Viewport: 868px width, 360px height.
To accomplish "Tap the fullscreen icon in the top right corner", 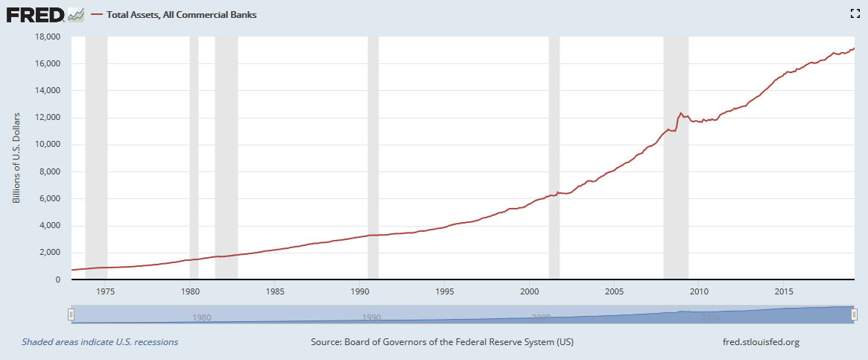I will click(x=855, y=13).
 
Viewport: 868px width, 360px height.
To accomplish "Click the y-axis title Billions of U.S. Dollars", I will click(x=16, y=158).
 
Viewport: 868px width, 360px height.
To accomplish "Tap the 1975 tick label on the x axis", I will click(x=105, y=291).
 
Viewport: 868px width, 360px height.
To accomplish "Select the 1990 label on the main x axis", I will click(x=360, y=291).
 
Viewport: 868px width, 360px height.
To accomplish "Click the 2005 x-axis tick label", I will click(x=614, y=291).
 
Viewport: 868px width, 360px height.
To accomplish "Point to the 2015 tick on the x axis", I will click(x=783, y=291).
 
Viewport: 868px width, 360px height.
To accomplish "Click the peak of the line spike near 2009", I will click(x=680, y=113).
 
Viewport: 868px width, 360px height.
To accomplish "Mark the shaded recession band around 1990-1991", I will click(x=373, y=157).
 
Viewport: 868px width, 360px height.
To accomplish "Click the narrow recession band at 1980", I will click(x=194, y=157).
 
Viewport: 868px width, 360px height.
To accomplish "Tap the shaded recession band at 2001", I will click(x=554, y=157).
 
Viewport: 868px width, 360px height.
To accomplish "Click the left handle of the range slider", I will click(x=72, y=315).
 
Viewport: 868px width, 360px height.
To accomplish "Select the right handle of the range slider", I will click(x=854, y=315).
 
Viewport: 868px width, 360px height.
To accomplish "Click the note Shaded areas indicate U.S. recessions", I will click(x=100, y=342).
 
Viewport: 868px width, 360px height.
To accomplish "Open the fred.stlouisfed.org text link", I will click(x=756, y=342).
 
